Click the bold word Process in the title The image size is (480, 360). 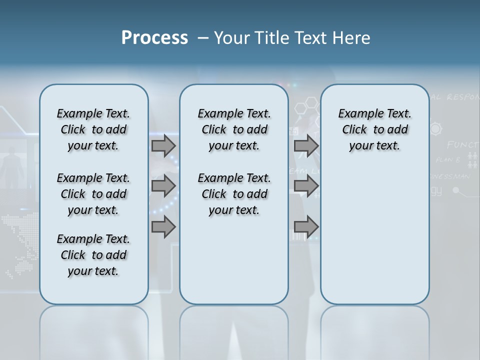pyautogui.click(x=154, y=38)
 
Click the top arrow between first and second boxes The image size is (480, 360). pyautogui.click(x=163, y=146)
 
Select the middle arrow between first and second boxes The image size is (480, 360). pyautogui.click(x=163, y=186)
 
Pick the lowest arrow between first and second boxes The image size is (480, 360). pyautogui.click(x=163, y=227)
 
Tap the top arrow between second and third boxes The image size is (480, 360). pyautogui.click(x=306, y=146)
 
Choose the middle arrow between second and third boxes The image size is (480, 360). pyautogui.click(x=306, y=186)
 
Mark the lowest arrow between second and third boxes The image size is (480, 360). pyautogui.click(x=306, y=227)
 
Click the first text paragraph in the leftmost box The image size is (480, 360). pyautogui.click(x=93, y=129)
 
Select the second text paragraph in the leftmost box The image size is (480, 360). pyautogui.click(x=93, y=194)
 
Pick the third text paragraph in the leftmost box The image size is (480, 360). pyautogui.click(x=93, y=255)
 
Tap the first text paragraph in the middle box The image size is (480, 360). pyautogui.click(x=234, y=129)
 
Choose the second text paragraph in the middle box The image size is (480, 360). pyautogui.click(x=234, y=194)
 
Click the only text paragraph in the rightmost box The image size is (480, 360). pyautogui.click(x=375, y=129)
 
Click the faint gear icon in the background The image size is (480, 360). pyautogui.click(x=436, y=128)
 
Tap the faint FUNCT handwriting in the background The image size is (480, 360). pyautogui.click(x=462, y=145)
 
